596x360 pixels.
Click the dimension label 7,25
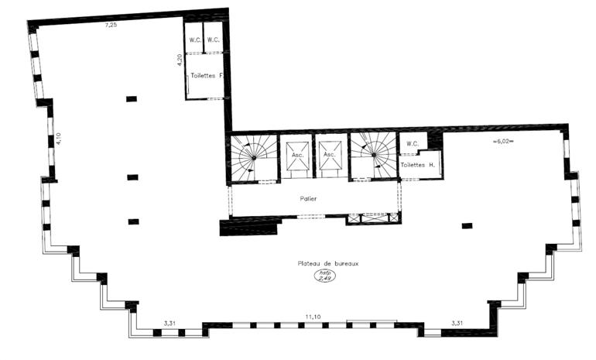pyautogui.click(x=111, y=26)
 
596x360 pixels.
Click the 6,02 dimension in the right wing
pyautogui.click(x=503, y=142)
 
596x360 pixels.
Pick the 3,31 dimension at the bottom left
pyautogui.click(x=170, y=324)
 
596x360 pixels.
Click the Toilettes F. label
pyautogui.click(x=206, y=75)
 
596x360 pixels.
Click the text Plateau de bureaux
pyautogui.click(x=329, y=263)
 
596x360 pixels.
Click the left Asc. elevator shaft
pyautogui.click(x=296, y=156)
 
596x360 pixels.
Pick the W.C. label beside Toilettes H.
pyautogui.click(x=412, y=142)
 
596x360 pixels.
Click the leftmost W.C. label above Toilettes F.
pyautogui.click(x=195, y=40)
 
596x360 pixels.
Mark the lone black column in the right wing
pyautogui.click(x=467, y=225)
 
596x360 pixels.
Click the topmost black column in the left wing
pyautogui.click(x=132, y=98)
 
